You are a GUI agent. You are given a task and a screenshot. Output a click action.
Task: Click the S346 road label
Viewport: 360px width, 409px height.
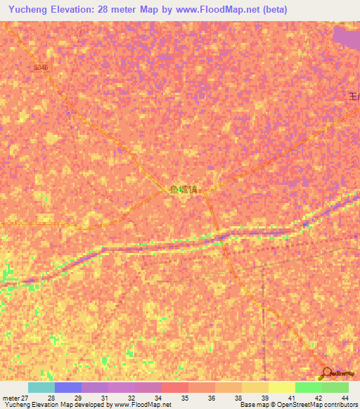pyautogui.click(x=41, y=67)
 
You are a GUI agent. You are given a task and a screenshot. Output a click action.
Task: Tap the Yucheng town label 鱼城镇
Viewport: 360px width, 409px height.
pyautogui.click(x=184, y=189)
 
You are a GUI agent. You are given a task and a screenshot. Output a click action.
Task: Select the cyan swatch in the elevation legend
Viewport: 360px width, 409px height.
pyautogui.click(x=41, y=387)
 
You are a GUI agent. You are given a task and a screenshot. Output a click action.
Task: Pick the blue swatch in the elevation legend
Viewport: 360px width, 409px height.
pyautogui.click(x=67, y=387)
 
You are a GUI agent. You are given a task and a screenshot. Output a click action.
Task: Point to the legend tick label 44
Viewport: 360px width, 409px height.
pyautogui.click(x=345, y=397)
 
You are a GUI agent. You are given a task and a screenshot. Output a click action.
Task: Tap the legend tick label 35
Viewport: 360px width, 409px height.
pyautogui.click(x=185, y=397)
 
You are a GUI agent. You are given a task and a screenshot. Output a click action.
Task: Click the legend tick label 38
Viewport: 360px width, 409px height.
pyautogui.click(x=238, y=397)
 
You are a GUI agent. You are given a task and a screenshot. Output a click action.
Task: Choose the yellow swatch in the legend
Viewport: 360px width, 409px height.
pyautogui.click(x=281, y=387)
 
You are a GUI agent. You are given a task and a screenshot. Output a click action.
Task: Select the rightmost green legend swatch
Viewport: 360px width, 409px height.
pyautogui.click(x=335, y=387)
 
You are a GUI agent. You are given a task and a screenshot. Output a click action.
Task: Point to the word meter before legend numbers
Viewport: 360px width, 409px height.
pyautogui.click(x=11, y=397)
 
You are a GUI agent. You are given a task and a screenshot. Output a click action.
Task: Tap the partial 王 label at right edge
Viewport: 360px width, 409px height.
pyautogui.click(x=354, y=97)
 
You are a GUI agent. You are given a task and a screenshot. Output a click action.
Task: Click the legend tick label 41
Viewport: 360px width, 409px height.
pyautogui.click(x=291, y=397)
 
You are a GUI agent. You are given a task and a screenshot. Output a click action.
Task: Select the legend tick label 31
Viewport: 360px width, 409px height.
pyautogui.click(x=104, y=397)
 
